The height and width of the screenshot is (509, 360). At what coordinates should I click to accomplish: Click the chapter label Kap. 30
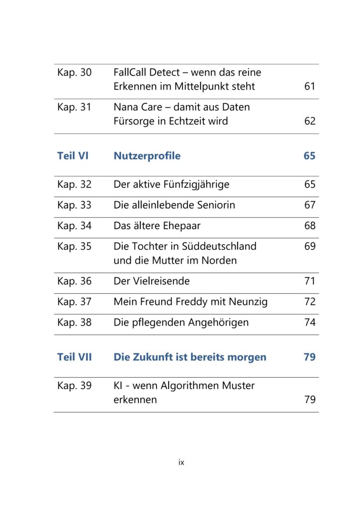pos(75,73)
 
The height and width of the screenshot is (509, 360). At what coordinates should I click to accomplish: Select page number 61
pos(310,86)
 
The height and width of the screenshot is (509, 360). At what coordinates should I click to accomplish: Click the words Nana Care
pos(138,107)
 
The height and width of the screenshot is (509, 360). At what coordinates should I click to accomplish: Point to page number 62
pos(310,121)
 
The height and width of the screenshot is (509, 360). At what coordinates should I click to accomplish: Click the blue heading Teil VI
pos(73,156)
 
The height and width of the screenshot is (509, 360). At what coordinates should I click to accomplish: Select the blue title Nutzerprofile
pos(147,156)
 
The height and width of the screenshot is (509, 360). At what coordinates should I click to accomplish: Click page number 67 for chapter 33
pos(310,205)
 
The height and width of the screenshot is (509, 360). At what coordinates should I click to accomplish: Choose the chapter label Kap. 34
pos(75,226)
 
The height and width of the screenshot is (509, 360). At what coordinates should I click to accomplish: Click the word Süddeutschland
pos(219,246)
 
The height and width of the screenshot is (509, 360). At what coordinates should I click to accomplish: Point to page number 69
pos(310,246)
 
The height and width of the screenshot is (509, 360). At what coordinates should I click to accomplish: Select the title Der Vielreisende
pos(152,281)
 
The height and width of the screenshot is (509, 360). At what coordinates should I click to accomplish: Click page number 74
pos(310,322)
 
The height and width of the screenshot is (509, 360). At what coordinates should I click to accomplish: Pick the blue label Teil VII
pos(75,357)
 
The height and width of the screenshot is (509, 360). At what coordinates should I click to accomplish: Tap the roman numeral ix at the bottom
pos(181,462)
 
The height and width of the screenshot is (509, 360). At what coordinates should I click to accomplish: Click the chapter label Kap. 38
pos(75,322)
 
